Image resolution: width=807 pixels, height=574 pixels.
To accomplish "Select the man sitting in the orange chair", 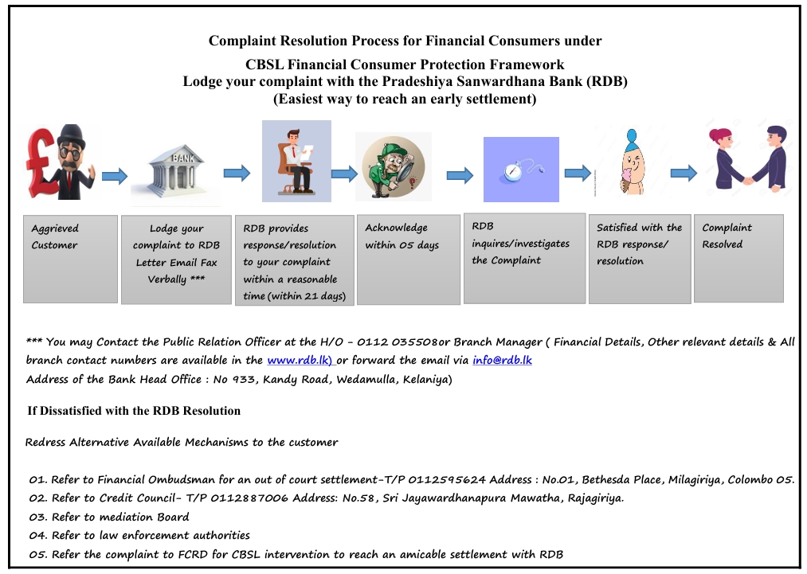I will click(x=296, y=160).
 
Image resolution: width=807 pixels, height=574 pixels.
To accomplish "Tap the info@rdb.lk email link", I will click(x=502, y=360).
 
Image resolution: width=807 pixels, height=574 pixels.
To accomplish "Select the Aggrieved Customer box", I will click(x=70, y=258).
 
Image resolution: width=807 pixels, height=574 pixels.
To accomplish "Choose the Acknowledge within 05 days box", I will click(x=405, y=258).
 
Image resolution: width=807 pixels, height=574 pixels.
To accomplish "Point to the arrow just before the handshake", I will click(x=684, y=174).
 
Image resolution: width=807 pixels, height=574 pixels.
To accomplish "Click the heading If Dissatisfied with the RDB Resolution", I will click(x=134, y=411).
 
